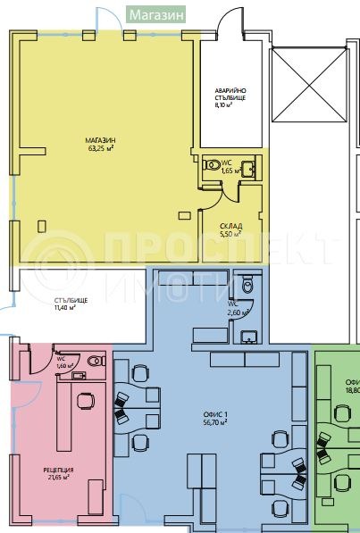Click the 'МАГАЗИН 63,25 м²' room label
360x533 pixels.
[x=101, y=145]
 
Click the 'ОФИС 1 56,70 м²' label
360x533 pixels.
[x=214, y=418]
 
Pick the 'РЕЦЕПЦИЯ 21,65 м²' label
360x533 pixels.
[x=59, y=473]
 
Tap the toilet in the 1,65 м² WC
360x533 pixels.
[x=213, y=165]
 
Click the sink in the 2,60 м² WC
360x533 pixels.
[x=247, y=336]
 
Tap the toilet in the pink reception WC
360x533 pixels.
[x=96, y=361]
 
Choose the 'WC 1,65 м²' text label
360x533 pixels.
[x=227, y=166]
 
